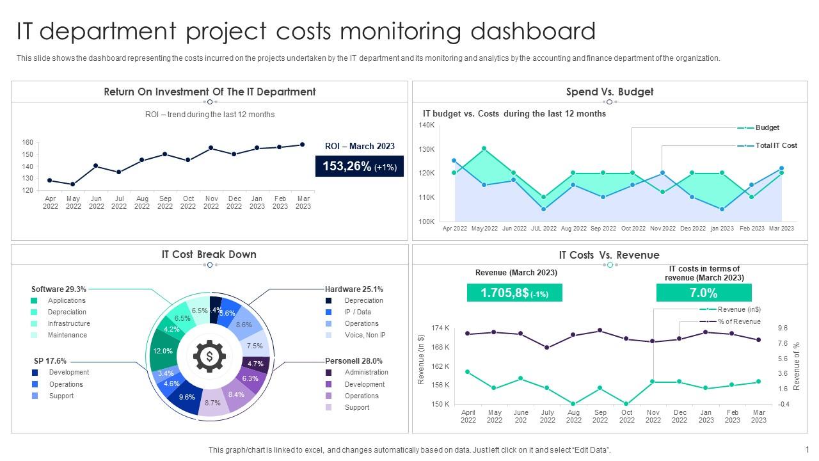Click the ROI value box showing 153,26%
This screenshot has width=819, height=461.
tap(360, 166)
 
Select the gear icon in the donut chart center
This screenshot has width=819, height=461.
tap(209, 357)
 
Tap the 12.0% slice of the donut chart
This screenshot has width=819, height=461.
tap(163, 351)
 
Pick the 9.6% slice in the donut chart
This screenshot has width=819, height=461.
tap(187, 397)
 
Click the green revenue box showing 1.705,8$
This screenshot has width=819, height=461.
tap(514, 293)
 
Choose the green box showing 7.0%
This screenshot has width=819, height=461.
tap(703, 293)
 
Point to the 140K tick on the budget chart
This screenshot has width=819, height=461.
tap(427, 125)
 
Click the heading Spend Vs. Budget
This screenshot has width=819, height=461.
tap(609, 92)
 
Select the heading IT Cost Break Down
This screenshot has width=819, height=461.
tap(209, 254)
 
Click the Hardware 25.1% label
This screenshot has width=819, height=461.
tap(354, 289)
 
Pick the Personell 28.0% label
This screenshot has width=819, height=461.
tap(354, 360)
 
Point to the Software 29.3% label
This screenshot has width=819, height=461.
tap(59, 289)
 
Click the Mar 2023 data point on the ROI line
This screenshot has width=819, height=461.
tap(303, 145)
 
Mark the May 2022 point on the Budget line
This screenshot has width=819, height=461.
tap(484, 149)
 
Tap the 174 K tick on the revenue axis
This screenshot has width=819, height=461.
tap(440, 328)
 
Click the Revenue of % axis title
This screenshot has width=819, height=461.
tap(797, 366)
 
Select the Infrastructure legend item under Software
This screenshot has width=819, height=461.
tap(68, 323)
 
